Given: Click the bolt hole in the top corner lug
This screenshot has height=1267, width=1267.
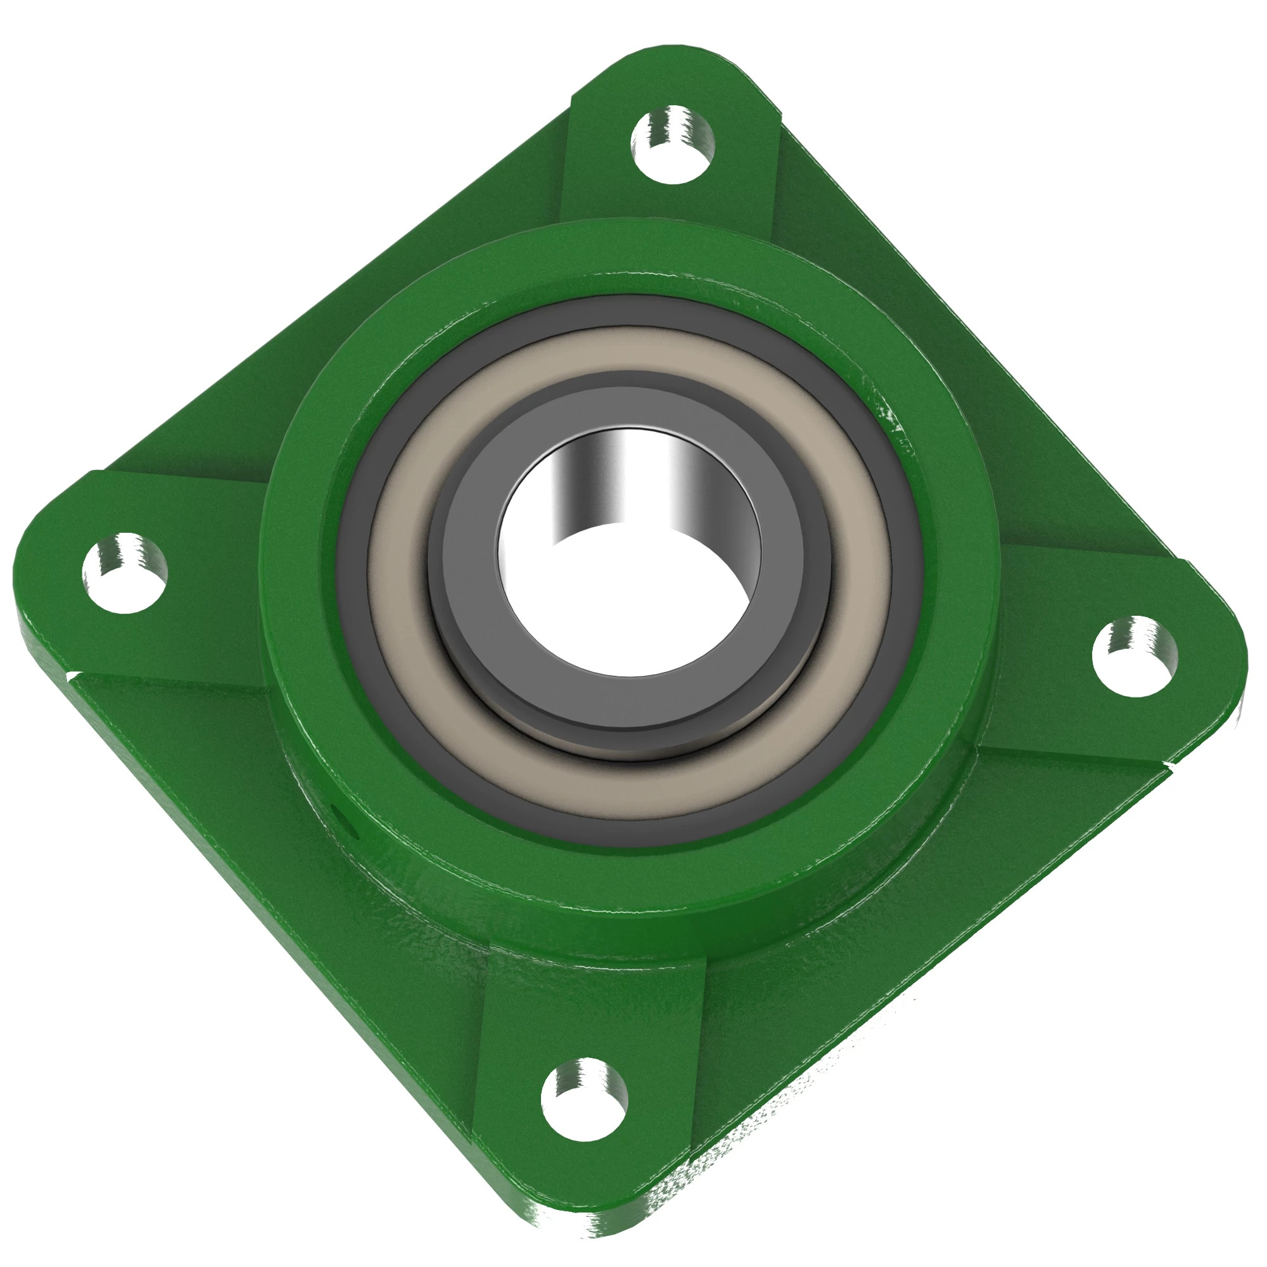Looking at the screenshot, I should click(673, 146).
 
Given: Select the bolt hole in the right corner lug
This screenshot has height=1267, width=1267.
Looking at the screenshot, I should click(1135, 656).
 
